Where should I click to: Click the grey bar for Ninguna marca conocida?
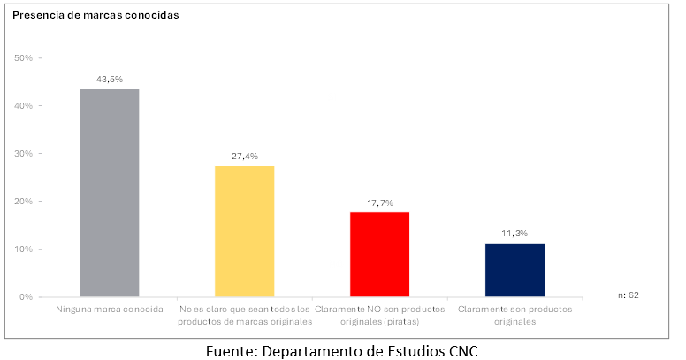click(x=110, y=193)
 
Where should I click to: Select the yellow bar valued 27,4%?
click(x=245, y=231)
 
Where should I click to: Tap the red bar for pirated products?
click(x=380, y=254)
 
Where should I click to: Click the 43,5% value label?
click(x=110, y=79)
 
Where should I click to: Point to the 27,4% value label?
click(x=245, y=156)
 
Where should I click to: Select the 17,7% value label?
click(x=380, y=202)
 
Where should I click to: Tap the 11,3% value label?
click(x=515, y=233)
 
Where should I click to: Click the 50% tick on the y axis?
click(x=24, y=58)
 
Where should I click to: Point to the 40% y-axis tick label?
click(x=24, y=106)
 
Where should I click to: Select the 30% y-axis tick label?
click(x=24, y=154)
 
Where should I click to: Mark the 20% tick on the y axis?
click(x=24, y=202)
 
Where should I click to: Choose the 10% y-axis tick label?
click(x=24, y=249)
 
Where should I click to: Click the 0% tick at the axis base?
click(x=27, y=297)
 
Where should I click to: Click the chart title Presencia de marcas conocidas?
click(x=95, y=15)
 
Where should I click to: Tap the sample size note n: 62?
click(x=628, y=295)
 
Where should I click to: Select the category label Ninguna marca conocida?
click(x=110, y=310)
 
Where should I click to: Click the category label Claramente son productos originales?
click(x=515, y=315)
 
